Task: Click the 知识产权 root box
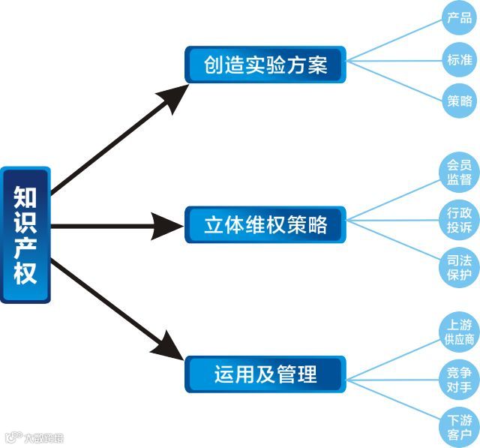click(x=25, y=234)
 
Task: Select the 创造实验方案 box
click(x=265, y=65)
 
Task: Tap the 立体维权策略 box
click(x=265, y=224)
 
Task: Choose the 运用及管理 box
click(x=265, y=374)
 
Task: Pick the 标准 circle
click(x=460, y=61)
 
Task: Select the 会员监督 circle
click(x=460, y=172)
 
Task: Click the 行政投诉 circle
click(x=460, y=220)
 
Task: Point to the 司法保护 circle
click(x=460, y=267)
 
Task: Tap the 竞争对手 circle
click(x=460, y=380)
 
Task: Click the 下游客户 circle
click(x=460, y=425)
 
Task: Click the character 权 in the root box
click(x=25, y=272)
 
